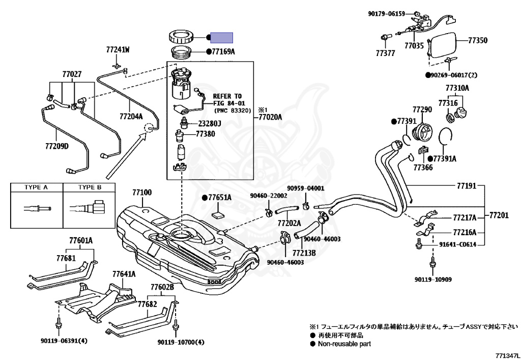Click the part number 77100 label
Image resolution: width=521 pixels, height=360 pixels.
click(x=142, y=193)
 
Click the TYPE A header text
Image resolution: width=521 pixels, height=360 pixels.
click(x=36, y=187)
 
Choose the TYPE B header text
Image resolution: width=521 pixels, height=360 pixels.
click(x=90, y=187)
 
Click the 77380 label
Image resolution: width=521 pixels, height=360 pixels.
click(x=206, y=134)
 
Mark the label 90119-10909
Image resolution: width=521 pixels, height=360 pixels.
click(x=433, y=280)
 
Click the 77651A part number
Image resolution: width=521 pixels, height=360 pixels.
click(x=219, y=197)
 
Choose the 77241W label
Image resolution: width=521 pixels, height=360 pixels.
click(x=118, y=50)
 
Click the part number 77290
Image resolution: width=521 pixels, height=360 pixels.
click(x=422, y=109)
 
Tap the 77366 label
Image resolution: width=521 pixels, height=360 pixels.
click(x=423, y=167)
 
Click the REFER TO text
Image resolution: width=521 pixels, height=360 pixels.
click(x=227, y=96)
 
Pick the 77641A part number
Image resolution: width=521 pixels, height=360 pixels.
click(x=124, y=274)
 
